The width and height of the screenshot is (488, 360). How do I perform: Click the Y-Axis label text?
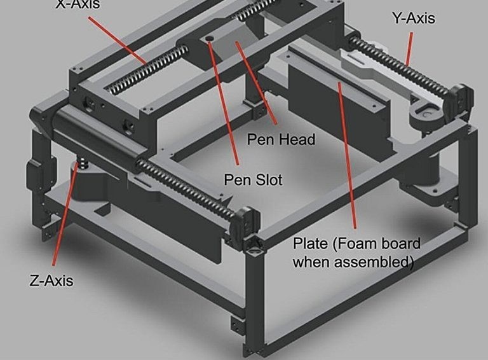tap(414, 18)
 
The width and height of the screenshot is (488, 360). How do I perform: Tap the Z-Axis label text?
tap(51, 280)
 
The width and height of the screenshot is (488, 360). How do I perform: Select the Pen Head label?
tap(280, 139)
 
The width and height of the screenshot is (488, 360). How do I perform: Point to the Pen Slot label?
tap(253, 180)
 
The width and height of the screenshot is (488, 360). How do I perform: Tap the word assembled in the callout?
tap(377, 261)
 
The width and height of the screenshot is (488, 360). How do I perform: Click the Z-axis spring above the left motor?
tap(80, 167)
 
